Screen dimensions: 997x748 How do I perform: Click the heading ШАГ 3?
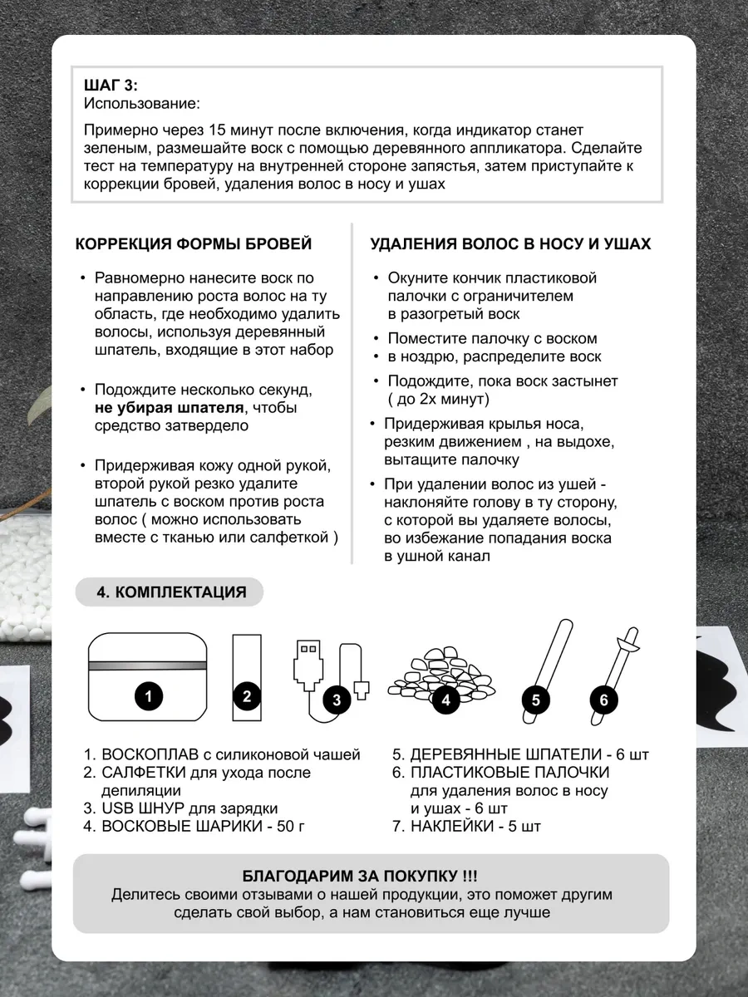[111, 86]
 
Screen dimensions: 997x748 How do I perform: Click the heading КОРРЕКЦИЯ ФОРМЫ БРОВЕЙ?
[194, 244]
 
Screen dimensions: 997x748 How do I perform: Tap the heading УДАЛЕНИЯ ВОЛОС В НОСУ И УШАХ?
[510, 244]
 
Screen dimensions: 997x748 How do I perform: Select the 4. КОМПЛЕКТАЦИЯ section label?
[171, 592]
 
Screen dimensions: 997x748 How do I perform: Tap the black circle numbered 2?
[247, 696]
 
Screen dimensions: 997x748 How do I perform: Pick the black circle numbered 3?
[336, 700]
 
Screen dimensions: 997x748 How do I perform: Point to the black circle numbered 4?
[446, 700]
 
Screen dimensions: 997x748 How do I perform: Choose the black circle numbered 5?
[536, 700]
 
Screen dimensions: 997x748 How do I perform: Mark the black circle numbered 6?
[604, 700]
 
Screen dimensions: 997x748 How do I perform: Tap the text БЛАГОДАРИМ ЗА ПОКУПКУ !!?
[360, 877]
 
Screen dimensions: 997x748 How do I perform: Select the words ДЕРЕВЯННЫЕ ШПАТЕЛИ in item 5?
[505, 755]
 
